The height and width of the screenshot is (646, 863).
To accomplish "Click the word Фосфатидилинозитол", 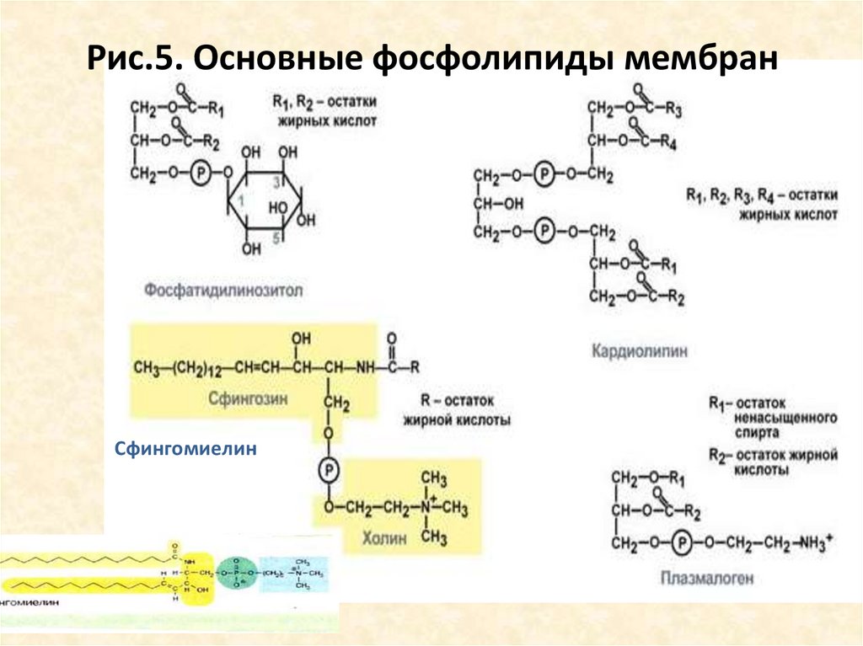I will (223, 291).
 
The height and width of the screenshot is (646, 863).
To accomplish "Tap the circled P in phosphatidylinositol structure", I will (200, 173).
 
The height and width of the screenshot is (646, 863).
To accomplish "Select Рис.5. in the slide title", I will (136, 61).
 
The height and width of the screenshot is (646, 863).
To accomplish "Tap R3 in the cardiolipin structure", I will (673, 109).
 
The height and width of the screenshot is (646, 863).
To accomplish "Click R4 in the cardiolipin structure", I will (669, 141).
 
